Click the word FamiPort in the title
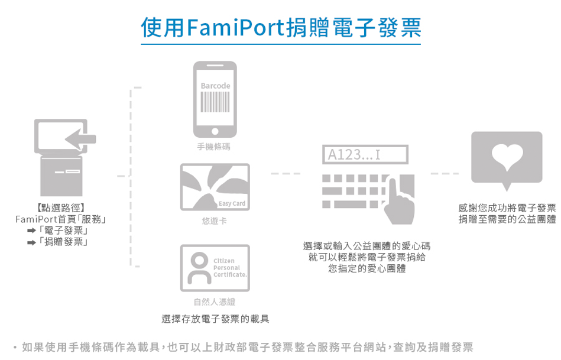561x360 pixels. coord(235,27)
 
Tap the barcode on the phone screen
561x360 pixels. coord(215,102)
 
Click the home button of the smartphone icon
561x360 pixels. coord(215,131)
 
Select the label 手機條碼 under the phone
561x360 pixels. coord(213,147)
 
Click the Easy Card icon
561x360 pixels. coord(215,187)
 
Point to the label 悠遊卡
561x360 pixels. coord(215,221)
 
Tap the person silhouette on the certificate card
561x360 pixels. coord(199,268)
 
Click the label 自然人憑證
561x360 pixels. coord(215,301)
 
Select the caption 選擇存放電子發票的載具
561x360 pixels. coord(215,319)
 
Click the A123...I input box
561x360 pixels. coord(365,155)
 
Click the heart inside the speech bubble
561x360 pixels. coord(507,157)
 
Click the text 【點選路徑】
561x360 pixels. coord(60,208)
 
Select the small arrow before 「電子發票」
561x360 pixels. coord(31,231)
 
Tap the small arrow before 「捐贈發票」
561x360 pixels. coord(31,242)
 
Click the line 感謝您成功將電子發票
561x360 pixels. coord(507,208)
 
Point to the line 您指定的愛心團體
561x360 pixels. coord(367,268)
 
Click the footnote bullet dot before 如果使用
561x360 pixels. coord(15,347)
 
